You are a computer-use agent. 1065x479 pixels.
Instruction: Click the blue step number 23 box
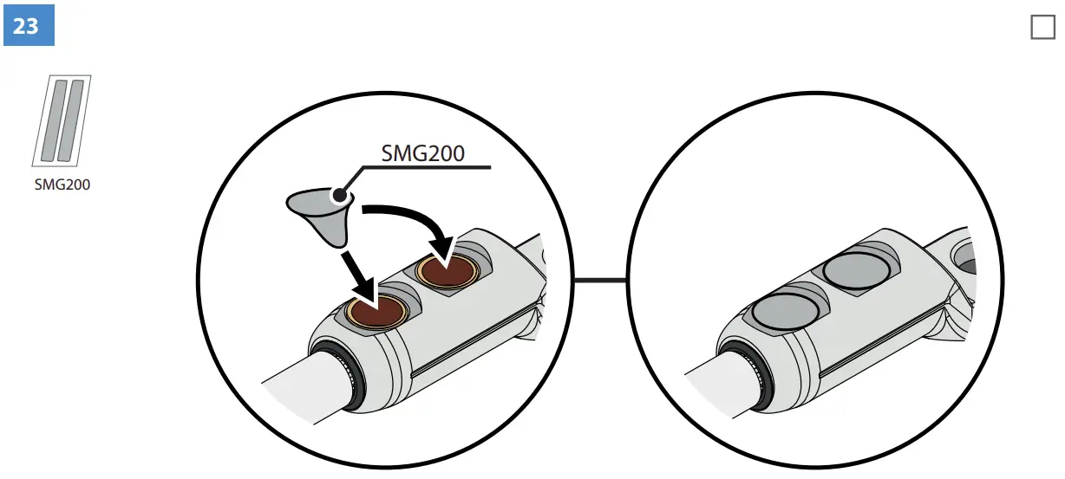(x=29, y=26)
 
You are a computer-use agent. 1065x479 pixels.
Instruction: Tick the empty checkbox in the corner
(x=1042, y=28)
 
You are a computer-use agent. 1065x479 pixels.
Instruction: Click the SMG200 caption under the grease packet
(x=62, y=184)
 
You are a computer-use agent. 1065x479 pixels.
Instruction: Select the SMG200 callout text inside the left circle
(x=422, y=153)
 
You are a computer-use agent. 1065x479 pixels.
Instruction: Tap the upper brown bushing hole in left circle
(x=448, y=271)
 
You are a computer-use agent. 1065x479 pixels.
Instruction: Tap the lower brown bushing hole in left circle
(x=379, y=310)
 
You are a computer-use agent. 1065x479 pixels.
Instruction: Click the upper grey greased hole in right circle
(x=857, y=271)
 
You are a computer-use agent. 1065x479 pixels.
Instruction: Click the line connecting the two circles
(x=599, y=280)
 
